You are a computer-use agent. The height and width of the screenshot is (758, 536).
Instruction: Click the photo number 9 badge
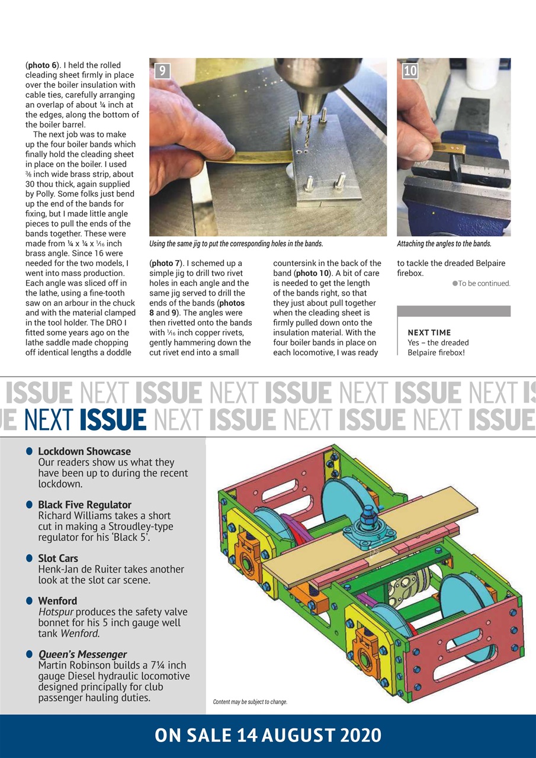coord(162,72)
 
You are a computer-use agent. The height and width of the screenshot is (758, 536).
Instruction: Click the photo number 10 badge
coord(410,72)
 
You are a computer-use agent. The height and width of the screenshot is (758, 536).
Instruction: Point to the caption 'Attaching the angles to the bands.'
coord(444,244)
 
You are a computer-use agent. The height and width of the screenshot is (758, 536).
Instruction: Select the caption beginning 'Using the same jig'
coord(236,244)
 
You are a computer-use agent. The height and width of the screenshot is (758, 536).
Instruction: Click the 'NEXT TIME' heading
coord(429,333)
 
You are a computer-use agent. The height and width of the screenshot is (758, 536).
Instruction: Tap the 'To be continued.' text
coord(484,284)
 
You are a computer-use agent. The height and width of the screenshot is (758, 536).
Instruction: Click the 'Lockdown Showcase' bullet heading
coord(84,451)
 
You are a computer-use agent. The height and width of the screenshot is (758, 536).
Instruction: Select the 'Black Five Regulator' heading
coord(85,505)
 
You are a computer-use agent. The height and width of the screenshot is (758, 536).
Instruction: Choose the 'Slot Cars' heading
coord(57,558)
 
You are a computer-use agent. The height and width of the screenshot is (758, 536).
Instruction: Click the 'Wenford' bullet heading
coord(57,601)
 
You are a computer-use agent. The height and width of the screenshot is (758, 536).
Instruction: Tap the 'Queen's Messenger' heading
coord(82,654)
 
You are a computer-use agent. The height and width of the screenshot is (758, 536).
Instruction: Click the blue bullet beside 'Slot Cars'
coord(29,558)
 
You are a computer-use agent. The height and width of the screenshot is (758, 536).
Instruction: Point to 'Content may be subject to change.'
coord(250,702)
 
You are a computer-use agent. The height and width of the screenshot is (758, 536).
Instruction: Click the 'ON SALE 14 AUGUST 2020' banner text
coord(268,735)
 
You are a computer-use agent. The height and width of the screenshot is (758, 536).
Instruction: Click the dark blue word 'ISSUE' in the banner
coord(113,419)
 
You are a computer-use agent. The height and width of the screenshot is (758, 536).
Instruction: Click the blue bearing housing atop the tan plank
coord(361,526)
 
